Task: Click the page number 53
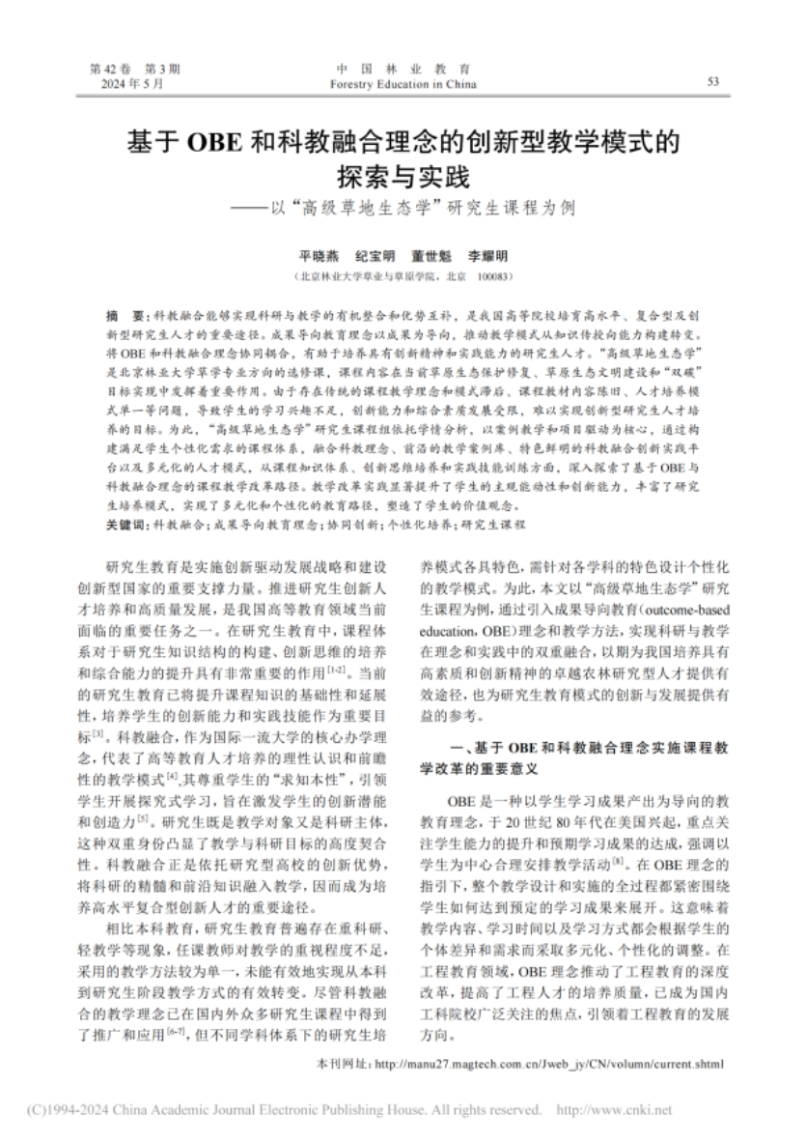pyautogui.click(x=713, y=82)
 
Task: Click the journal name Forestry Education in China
pyautogui.click(x=403, y=84)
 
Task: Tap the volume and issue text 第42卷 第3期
pyautogui.click(x=134, y=70)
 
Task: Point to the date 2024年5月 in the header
pyautogui.click(x=133, y=84)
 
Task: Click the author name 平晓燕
pyautogui.click(x=318, y=256)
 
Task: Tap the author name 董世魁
pyautogui.click(x=431, y=256)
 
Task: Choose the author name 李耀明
pyautogui.click(x=487, y=256)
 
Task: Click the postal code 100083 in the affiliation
pyautogui.click(x=494, y=276)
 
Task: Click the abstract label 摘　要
pyautogui.click(x=124, y=316)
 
